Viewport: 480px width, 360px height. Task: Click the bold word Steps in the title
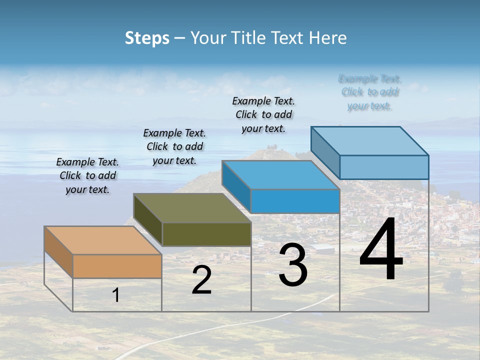147,38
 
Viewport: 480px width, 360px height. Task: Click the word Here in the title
328,38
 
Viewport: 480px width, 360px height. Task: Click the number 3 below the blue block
293,265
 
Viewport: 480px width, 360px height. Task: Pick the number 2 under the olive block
201,280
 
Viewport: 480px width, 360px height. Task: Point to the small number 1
116,295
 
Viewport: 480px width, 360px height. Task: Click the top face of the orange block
103,240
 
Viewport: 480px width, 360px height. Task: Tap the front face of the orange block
117,266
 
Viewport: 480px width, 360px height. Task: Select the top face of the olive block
192,207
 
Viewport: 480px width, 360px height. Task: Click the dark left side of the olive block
148,220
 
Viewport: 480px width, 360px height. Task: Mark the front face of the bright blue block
295,201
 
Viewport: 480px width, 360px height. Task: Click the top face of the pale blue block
370,140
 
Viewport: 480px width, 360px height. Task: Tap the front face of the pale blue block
384,167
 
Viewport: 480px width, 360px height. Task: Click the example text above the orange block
87,175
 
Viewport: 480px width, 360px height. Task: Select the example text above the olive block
174,146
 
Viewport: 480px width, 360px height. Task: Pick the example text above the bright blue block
263,114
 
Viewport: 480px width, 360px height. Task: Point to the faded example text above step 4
369,92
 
